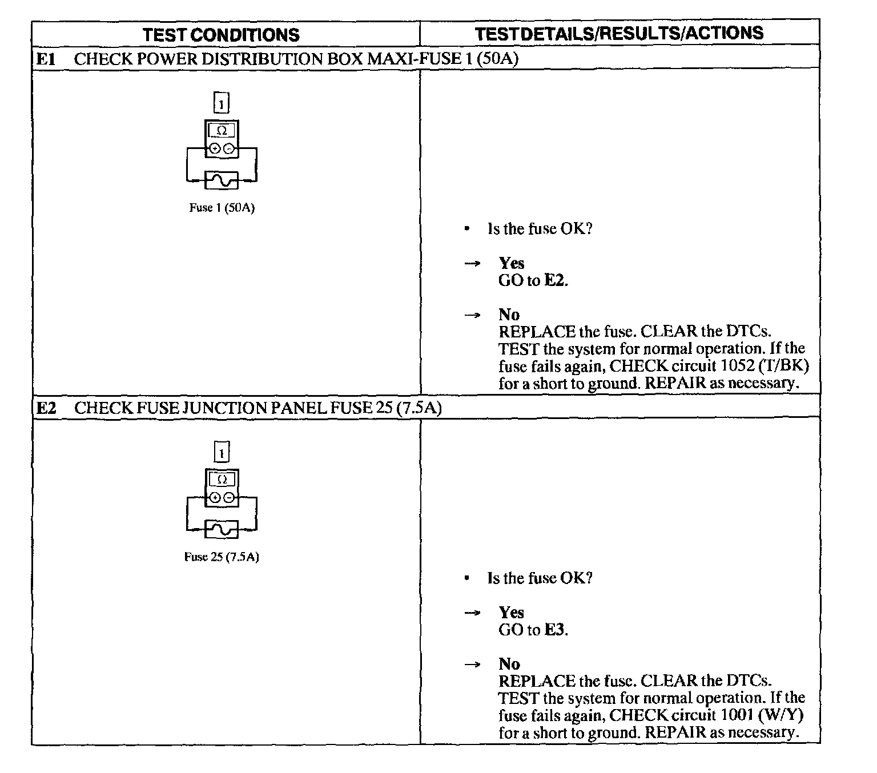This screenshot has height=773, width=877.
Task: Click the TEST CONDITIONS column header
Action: click(221, 35)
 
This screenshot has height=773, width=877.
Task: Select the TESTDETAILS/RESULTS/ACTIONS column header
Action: click(619, 33)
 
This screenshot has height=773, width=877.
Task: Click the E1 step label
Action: click(46, 59)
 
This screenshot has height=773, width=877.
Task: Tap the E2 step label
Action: click(46, 408)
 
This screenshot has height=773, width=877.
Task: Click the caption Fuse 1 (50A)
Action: click(222, 208)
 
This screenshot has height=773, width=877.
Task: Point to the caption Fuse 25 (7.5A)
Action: click(222, 557)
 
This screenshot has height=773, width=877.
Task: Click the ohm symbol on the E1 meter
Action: click(222, 131)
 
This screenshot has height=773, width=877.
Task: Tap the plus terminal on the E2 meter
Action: click(215, 498)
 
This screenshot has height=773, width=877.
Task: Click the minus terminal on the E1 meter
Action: click(229, 149)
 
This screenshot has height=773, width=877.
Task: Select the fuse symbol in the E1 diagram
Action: click(222, 180)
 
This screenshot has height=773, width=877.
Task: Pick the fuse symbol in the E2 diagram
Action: click(222, 530)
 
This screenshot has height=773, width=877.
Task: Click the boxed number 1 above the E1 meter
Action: click(222, 103)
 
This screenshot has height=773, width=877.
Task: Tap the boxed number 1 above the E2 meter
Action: click(222, 453)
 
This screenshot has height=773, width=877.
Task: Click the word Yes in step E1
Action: click(511, 263)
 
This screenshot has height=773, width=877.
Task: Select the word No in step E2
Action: click(509, 664)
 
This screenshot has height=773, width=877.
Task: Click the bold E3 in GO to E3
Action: click(555, 630)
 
